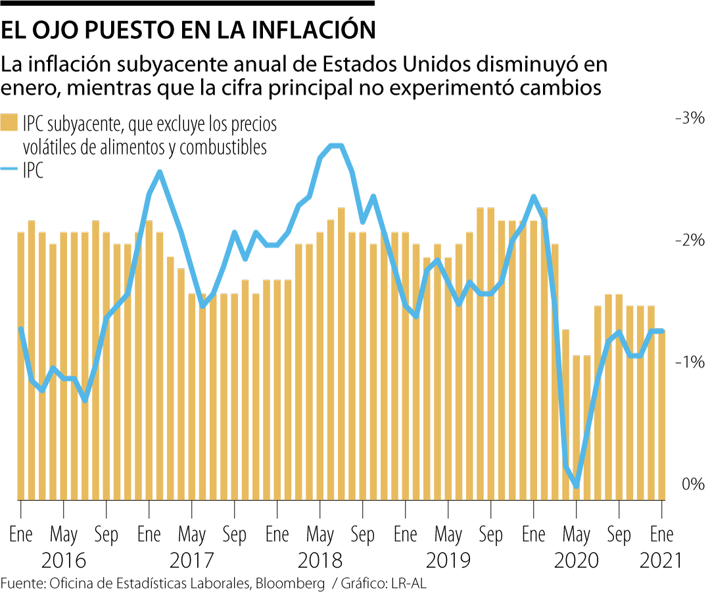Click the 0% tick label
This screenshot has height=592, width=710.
693,484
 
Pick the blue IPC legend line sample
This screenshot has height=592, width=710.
9,171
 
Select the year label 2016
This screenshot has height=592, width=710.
63,560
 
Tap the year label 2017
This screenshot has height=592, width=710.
191,560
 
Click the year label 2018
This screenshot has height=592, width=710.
319,560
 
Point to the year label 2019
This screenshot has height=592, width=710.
448,560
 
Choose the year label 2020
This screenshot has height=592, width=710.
576,560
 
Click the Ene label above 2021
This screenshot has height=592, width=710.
661,533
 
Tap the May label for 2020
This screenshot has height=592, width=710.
576,533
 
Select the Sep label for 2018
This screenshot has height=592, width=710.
363,533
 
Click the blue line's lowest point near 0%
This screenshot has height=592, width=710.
577,486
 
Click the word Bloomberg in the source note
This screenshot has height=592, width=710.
290,583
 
